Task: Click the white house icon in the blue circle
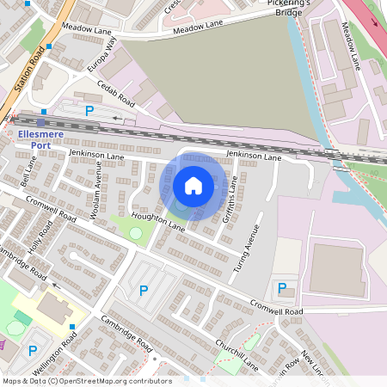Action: coord(193,185)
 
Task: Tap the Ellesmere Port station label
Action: coord(40,138)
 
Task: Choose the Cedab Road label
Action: coord(116,91)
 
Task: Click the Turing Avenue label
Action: coord(247,249)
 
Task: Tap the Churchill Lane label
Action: coord(236,358)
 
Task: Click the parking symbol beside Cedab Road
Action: coord(89,110)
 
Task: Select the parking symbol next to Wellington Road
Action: coord(33,350)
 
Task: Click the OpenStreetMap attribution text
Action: coord(87,380)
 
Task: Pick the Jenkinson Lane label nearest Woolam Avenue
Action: coord(96,154)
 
